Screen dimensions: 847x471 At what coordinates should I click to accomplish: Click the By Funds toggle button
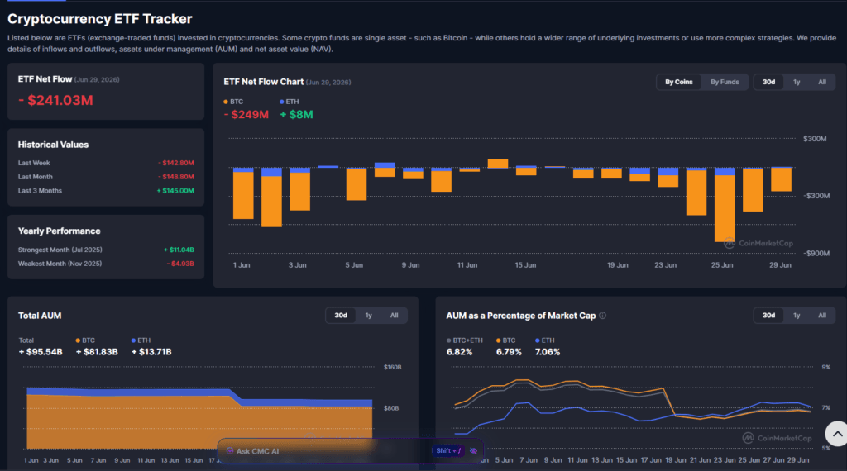click(725, 82)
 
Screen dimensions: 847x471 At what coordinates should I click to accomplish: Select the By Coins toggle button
click(678, 82)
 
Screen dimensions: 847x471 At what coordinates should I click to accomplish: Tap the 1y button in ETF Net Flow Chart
click(797, 82)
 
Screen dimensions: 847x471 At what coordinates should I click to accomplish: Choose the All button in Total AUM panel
click(394, 316)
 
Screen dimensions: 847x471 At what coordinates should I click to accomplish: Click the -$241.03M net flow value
click(55, 100)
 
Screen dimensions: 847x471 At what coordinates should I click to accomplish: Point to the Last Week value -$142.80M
click(176, 163)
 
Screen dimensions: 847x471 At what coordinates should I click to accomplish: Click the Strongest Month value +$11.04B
click(179, 250)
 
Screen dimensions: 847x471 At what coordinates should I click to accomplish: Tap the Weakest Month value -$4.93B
click(180, 264)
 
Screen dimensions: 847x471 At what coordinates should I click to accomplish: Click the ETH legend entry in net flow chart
click(289, 102)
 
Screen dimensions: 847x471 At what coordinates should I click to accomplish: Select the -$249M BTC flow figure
click(246, 114)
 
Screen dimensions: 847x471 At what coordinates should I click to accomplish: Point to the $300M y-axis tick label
click(815, 139)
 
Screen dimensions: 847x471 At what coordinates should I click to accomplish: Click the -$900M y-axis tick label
click(816, 253)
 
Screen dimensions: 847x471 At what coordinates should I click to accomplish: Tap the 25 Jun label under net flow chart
click(721, 265)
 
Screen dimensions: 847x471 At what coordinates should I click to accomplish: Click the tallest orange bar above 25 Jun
click(725, 208)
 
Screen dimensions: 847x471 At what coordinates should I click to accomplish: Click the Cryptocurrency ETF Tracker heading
click(100, 19)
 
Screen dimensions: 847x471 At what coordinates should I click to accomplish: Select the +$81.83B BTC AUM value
click(97, 352)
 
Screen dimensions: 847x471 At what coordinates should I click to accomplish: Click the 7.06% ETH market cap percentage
click(548, 352)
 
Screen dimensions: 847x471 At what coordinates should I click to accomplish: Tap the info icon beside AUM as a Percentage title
click(602, 316)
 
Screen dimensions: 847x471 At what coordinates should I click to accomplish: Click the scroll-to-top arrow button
click(837, 433)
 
